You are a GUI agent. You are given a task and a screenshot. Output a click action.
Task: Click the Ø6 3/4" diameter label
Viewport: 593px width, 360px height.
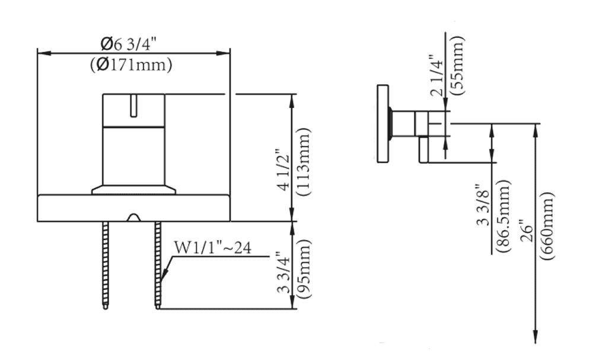(128, 44)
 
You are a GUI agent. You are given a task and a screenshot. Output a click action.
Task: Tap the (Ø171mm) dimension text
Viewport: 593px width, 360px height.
(131, 65)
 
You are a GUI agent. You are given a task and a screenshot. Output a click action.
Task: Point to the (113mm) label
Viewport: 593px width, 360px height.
(304, 162)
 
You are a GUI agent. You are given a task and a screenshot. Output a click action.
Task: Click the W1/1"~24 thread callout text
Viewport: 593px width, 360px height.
(212, 248)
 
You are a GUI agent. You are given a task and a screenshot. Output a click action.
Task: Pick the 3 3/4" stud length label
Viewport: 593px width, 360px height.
(284, 273)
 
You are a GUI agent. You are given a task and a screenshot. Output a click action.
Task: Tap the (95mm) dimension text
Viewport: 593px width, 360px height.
(304, 269)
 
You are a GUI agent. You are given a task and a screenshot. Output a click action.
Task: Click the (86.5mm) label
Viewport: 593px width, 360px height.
(503, 216)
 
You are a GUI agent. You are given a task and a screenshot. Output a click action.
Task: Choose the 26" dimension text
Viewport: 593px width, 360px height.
(526, 230)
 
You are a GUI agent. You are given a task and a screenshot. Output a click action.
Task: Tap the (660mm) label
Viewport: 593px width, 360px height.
(547, 226)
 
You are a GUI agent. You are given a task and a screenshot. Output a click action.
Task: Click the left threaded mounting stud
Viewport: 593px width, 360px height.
(105, 265)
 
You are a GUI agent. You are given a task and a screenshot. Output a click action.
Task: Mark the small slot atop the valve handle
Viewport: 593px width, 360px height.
(133, 106)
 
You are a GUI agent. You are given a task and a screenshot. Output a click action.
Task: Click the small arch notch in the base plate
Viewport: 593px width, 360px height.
(133, 217)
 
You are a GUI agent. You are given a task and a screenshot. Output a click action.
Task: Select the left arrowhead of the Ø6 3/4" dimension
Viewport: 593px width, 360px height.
(44, 53)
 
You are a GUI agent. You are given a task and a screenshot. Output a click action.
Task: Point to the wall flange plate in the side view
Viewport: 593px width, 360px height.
(382, 123)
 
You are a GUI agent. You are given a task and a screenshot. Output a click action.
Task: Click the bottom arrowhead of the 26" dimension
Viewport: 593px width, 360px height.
(535, 336)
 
